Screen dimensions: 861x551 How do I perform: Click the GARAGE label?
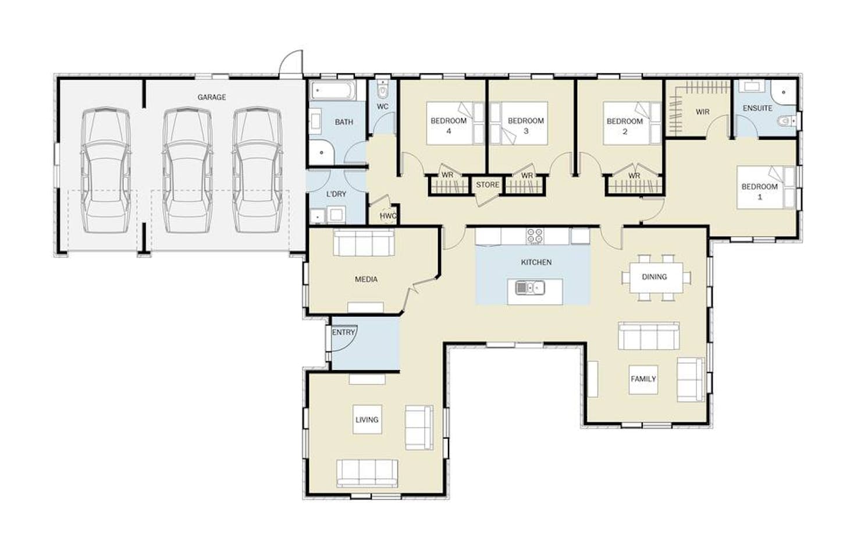point(211,97)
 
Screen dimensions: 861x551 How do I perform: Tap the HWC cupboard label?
point(388,216)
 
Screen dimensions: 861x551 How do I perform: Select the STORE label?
point(488,184)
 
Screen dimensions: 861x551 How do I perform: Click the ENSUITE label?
point(757,108)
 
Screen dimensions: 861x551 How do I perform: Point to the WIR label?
point(702,112)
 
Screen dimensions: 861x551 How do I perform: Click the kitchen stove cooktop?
point(535,236)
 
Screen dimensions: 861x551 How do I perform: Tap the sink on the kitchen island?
point(529,287)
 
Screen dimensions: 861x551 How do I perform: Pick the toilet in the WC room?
point(382,90)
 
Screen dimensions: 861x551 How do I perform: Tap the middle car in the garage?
point(187,170)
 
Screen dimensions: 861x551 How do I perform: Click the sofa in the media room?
point(364,243)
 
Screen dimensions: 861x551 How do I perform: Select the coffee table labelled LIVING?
point(367,420)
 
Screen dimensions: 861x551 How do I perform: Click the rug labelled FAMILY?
point(643,379)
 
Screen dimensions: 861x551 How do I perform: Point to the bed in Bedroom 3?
point(519,123)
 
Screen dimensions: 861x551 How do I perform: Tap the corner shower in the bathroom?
point(322,152)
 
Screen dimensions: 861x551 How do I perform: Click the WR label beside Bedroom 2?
point(634,176)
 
